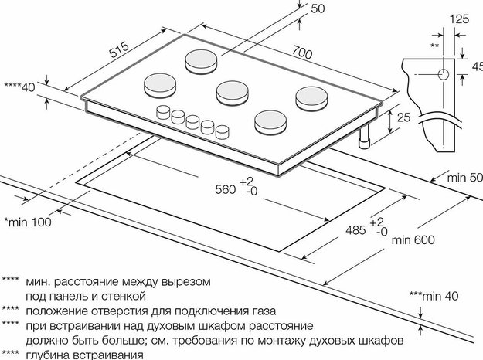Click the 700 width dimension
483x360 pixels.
[302, 53]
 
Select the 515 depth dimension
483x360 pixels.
[118, 52]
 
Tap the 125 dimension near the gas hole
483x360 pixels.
[459, 16]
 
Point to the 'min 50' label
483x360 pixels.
[464, 178]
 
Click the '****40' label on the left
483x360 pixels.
[20, 87]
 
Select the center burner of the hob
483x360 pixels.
[231, 92]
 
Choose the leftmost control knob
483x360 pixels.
[163, 112]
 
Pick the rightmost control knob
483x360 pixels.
[223, 130]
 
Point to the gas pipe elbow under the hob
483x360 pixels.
[363, 141]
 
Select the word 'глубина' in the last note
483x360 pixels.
[49, 355]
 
